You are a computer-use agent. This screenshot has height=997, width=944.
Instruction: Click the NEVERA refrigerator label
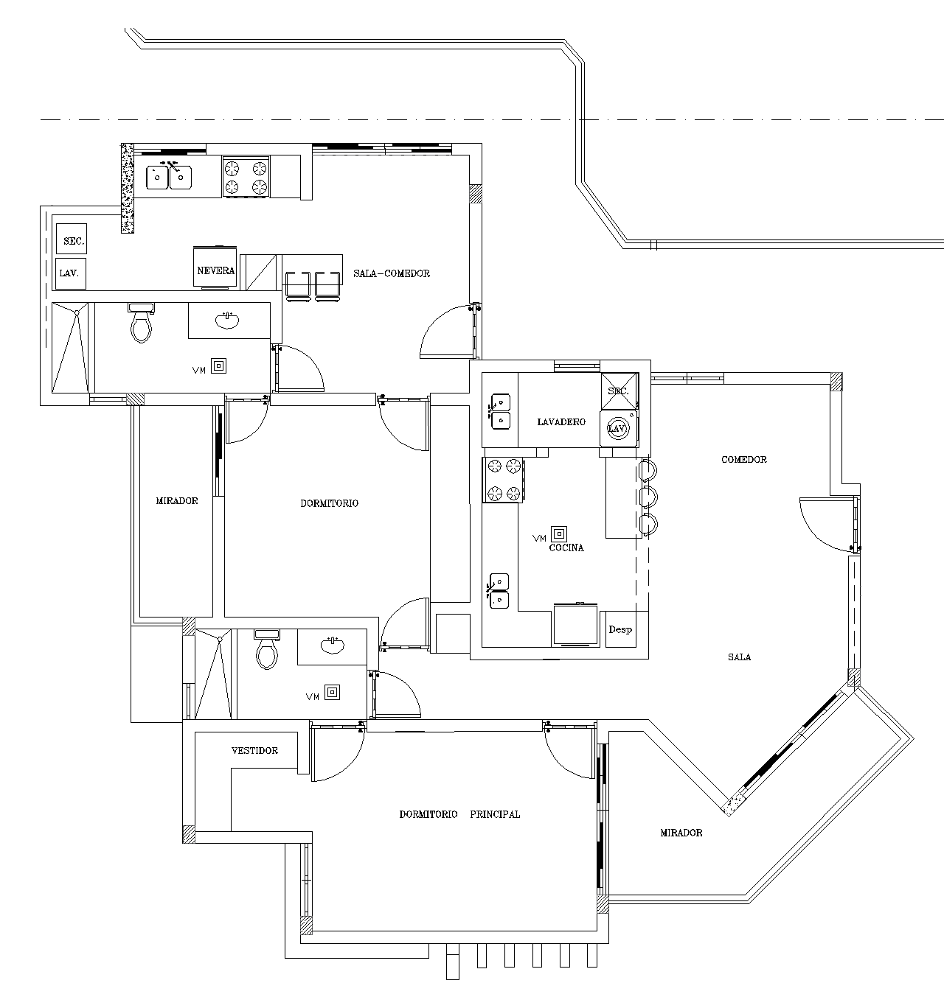215,270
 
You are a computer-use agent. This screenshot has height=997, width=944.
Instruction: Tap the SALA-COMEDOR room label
392,273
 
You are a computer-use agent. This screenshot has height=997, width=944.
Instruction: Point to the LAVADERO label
561,422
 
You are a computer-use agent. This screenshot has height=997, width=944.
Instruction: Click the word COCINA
566,548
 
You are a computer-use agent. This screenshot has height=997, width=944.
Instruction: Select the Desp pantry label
620,630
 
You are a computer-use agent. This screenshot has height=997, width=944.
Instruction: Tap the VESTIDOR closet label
254,751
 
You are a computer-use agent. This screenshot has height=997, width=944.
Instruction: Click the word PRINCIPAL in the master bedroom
495,814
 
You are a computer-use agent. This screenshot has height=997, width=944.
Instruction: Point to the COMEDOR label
744,460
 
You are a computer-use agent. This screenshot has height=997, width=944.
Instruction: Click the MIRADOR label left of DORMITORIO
176,501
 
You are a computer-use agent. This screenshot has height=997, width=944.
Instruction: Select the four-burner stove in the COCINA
503,480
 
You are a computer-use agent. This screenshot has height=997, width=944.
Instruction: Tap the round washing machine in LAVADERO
618,429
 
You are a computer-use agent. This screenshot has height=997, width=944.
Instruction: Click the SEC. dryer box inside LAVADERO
619,391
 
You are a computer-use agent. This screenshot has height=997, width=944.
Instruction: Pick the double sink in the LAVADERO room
500,412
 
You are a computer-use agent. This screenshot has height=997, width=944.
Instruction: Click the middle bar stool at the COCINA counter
649,497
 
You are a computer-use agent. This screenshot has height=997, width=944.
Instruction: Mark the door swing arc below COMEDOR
817,533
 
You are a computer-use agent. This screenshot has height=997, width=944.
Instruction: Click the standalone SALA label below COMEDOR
740,657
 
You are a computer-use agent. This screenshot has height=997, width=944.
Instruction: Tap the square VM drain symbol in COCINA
559,534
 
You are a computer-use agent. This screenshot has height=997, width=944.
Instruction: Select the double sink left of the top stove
169,178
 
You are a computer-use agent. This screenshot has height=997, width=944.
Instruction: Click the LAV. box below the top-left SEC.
70,274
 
